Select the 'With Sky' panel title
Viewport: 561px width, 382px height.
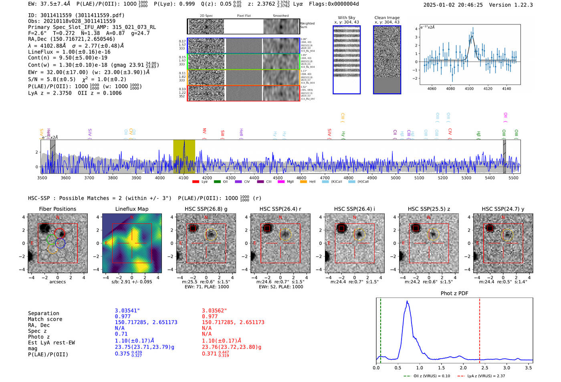(x=346, y=18)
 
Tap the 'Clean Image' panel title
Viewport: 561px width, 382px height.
(x=387, y=18)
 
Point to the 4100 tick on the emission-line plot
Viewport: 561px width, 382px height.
(x=469, y=88)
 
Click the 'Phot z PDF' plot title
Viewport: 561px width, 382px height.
(x=454, y=293)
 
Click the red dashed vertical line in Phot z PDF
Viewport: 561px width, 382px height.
(x=479, y=329)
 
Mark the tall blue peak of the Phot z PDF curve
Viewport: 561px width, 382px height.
(x=407, y=302)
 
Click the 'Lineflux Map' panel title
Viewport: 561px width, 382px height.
(x=131, y=209)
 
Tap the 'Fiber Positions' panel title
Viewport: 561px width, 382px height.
(x=57, y=209)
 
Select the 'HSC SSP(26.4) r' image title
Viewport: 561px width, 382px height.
(x=280, y=209)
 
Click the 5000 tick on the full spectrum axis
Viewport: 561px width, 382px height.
(x=396, y=178)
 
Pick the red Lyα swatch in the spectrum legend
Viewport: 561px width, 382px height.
(x=196, y=182)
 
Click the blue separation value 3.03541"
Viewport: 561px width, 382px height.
(x=127, y=311)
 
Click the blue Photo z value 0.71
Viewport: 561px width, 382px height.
(x=121, y=334)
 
